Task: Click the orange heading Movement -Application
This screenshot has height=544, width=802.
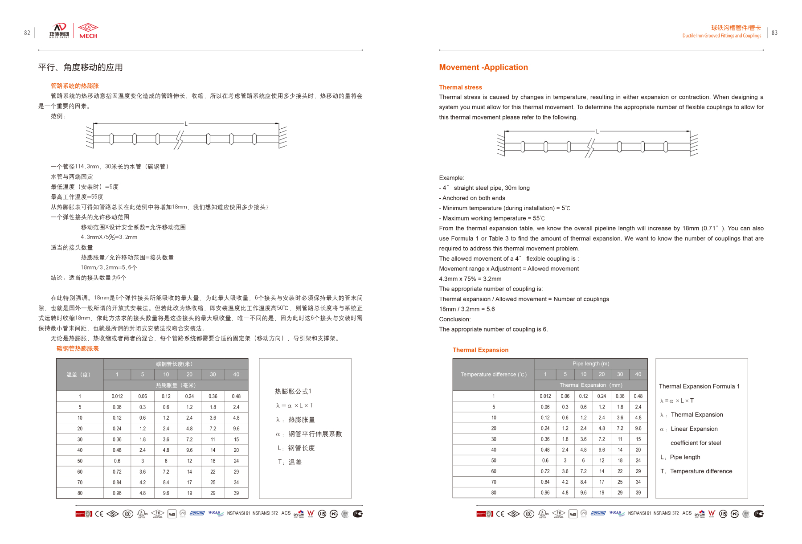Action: click(x=483, y=67)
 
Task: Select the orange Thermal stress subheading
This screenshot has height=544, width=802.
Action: click(x=460, y=87)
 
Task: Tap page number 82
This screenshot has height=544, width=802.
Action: click(x=27, y=33)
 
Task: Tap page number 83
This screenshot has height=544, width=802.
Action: click(x=774, y=33)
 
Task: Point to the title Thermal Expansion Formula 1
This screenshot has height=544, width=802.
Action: click(x=699, y=386)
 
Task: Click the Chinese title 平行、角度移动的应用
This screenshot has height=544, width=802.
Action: click(x=80, y=67)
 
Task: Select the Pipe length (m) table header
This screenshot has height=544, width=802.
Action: click(x=591, y=364)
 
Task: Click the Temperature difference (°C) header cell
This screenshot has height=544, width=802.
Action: click(x=493, y=375)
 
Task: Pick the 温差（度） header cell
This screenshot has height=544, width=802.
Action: click(x=79, y=375)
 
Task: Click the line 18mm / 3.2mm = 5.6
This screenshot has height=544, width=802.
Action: click(x=466, y=309)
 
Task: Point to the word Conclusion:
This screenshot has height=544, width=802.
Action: click(x=454, y=319)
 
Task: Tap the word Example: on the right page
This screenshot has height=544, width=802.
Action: click(x=451, y=178)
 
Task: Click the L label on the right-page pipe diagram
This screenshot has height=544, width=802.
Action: click(x=597, y=131)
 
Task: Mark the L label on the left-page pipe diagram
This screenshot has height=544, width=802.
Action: click(x=186, y=123)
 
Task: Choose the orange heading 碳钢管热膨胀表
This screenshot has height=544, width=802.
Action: click(x=78, y=348)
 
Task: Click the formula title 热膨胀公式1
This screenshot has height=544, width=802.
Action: click(x=293, y=391)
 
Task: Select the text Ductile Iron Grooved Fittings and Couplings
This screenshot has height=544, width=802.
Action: click(x=721, y=36)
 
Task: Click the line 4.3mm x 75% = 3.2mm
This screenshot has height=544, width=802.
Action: click(x=470, y=279)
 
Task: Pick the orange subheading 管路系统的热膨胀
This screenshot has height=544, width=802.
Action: click(x=74, y=86)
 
